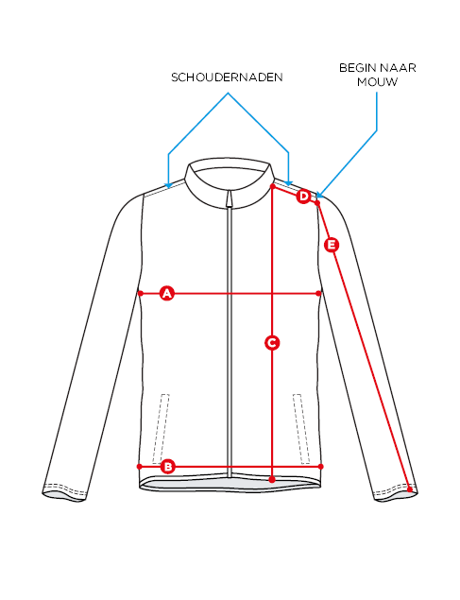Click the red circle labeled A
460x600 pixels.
click(167, 294)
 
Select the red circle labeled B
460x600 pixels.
click(167, 467)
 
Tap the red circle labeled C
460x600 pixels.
click(272, 342)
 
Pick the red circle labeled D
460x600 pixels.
click(303, 197)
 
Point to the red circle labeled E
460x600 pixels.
click(332, 245)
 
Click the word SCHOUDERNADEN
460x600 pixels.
click(227, 77)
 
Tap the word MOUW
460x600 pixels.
click(377, 82)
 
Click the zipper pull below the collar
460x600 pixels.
click(229, 199)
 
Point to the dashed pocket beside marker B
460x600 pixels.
click(161, 429)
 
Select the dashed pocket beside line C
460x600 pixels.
click(301, 429)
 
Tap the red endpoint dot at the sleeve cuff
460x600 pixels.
click(410, 489)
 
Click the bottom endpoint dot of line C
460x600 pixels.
click(272, 479)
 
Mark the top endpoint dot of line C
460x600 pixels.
click(273, 186)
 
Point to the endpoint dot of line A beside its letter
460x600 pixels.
click(141, 294)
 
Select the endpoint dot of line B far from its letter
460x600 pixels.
click(320, 467)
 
